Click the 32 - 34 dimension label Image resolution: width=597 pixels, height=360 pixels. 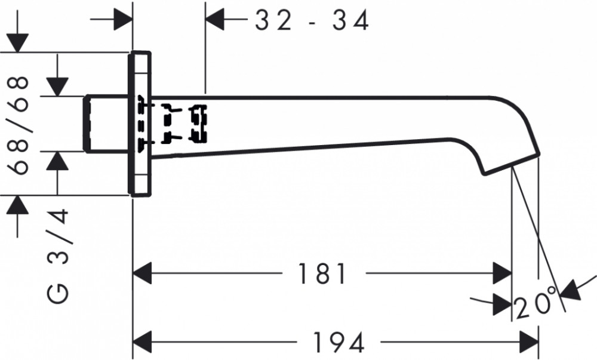[x=312, y=20]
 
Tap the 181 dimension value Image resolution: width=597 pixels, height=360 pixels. [x=322, y=273]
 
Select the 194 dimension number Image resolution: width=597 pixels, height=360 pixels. [x=338, y=342]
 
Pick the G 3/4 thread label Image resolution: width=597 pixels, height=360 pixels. [x=58, y=256]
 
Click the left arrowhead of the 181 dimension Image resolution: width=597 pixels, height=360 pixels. [x=142, y=273]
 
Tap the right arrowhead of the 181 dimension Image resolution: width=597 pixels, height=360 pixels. [x=502, y=273]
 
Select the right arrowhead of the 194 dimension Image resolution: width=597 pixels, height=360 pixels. [x=529, y=341]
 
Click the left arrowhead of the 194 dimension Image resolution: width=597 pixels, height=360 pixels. [x=142, y=341]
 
